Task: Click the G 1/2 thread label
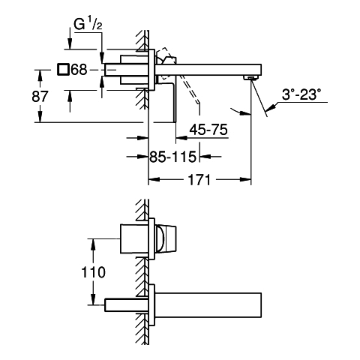pyautogui.click(x=88, y=25)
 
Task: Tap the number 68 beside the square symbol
pyautogui.click(x=79, y=70)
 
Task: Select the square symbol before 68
pyautogui.click(x=63, y=70)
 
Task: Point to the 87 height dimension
pyautogui.click(x=40, y=96)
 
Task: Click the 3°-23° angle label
pyautogui.click(x=301, y=94)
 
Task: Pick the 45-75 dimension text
pyautogui.click(x=208, y=130)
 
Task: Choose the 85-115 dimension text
pyautogui.click(x=172, y=157)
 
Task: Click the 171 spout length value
pyautogui.click(x=199, y=179)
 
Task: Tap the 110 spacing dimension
pyautogui.click(x=93, y=272)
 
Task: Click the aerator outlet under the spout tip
pyautogui.click(x=250, y=77)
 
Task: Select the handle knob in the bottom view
pyautogui.click(x=166, y=238)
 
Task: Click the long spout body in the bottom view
pyautogui.click(x=208, y=304)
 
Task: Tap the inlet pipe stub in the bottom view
pyautogui.click(x=127, y=305)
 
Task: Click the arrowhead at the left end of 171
pyautogui.click(x=154, y=179)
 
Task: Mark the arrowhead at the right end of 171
pyautogui.click(x=246, y=179)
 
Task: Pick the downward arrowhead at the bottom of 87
pyautogui.click(x=40, y=117)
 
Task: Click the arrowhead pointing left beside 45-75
pyautogui.click(x=181, y=137)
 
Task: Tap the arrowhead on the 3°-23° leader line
pyautogui.click(x=271, y=108)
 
